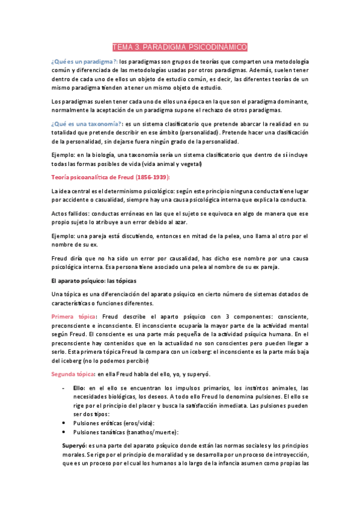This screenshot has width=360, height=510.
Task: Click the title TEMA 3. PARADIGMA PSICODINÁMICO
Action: tap(180, 47)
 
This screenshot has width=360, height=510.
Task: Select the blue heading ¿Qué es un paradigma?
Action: tap(84, 62)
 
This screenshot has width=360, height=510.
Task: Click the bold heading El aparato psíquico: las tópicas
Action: tap(94, 281)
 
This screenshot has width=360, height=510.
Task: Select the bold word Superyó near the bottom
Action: tap(75, 446)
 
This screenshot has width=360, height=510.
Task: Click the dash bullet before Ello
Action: tap(64, 388)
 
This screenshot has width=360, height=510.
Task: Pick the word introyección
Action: tap(286, 455)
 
